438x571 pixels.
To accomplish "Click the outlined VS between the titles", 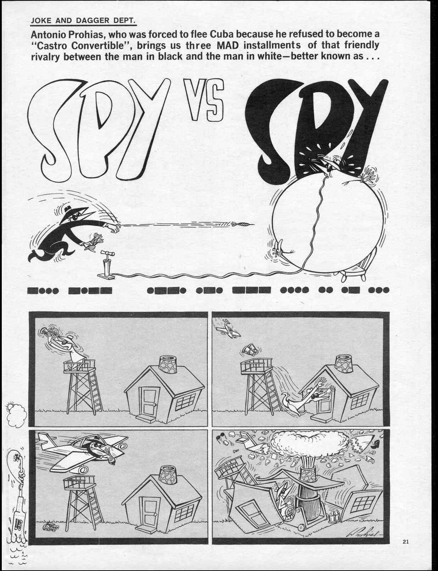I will coord(204,100).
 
